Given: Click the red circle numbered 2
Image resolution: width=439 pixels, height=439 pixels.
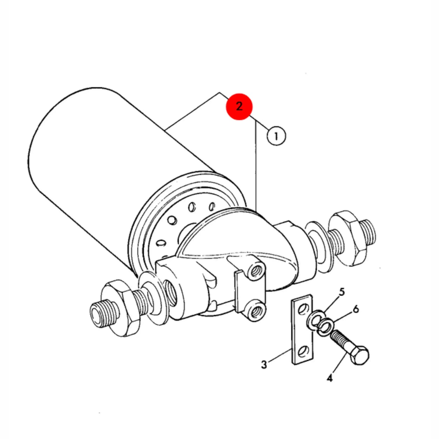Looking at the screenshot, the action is point(239,106).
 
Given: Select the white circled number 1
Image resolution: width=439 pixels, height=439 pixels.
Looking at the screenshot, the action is point(276,136).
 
